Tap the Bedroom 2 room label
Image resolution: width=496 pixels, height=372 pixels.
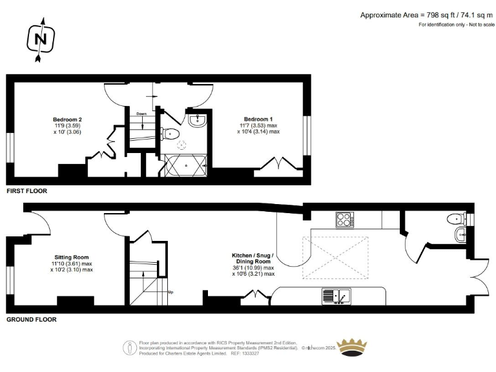coord(67,125)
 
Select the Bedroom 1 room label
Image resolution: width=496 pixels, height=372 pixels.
coord(258,125)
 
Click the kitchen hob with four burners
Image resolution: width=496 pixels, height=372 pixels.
coord(345,220)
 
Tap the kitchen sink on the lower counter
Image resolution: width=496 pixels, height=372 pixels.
coord(336,296)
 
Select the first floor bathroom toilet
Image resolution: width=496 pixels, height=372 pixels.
coord(170,134)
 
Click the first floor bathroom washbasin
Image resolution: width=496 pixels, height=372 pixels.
coord(197,121)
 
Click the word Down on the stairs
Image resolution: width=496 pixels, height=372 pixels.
coord(141,114)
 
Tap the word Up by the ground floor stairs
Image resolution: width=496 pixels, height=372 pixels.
coord(170,292)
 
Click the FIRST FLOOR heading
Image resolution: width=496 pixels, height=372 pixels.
coord(26,191)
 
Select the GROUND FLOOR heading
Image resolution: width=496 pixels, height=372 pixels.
coord(31,319)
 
